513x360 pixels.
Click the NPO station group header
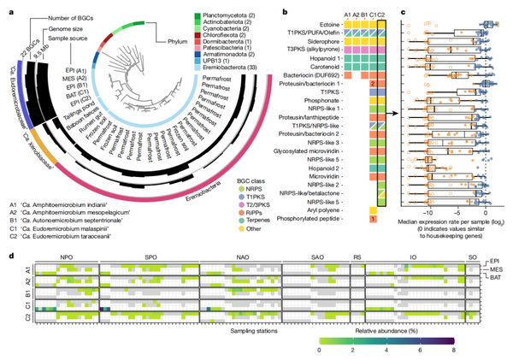tap(66, 257)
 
